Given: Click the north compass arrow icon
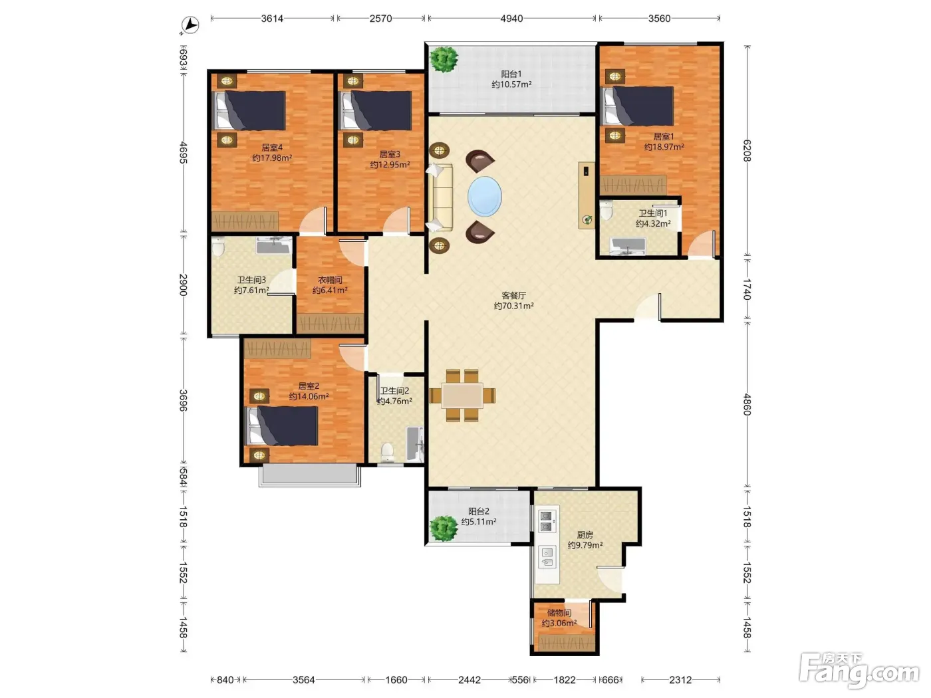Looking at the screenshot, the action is (190, 25).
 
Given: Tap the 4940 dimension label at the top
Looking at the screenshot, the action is (511, 18).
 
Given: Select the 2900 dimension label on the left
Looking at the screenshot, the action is (184, 285).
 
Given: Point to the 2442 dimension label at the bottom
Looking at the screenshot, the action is (469, 680).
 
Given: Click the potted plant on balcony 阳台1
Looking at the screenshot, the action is (444, 59).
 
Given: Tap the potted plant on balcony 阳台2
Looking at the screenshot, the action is (444, 528).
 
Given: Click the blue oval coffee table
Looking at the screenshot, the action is (485, 197).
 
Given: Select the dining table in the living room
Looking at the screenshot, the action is (462, 396).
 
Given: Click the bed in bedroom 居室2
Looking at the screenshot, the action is (283, 426).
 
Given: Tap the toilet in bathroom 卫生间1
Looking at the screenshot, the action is (606, 211).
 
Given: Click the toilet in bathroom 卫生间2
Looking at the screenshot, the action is (387, 452).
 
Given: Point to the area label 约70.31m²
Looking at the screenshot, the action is (513, 306).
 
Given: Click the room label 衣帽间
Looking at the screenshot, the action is (330, 280).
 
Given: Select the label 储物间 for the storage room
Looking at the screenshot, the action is (559, 613).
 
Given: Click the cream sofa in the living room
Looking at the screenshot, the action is (440, 197).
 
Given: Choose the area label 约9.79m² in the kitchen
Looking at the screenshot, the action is (585, 545).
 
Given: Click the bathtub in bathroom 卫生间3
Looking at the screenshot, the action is (274, 245).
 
